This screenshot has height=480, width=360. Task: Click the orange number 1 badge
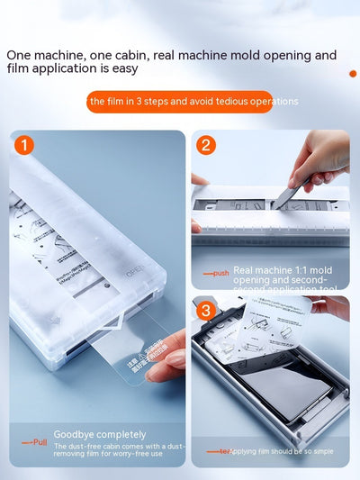(24, 145)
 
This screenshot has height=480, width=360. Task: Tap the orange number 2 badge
(206, 145)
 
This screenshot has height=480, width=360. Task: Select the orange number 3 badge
(206, 312)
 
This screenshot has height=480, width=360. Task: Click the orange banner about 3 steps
(192, 101)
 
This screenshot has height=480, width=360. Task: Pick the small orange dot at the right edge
(353, 74)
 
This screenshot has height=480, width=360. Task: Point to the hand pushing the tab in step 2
(319, 158)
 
